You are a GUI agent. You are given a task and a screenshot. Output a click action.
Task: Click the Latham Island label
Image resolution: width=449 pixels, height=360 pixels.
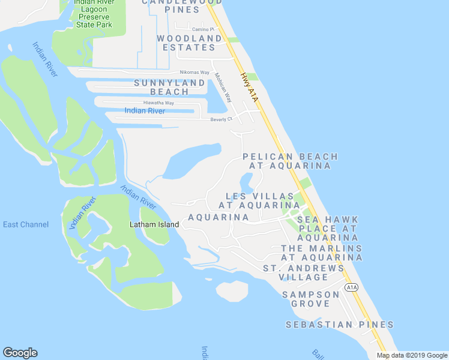tap(154, 224)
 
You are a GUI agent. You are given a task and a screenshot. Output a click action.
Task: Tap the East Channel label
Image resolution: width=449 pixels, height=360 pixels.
tap(26, 224)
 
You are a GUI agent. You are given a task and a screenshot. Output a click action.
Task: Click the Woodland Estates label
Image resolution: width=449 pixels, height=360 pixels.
tap(189, 43)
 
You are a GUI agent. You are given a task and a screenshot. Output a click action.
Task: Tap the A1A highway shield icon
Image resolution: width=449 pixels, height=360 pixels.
tap(352, 288)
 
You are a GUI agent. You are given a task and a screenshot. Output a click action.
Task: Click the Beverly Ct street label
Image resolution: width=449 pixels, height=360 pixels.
tap(221, 119)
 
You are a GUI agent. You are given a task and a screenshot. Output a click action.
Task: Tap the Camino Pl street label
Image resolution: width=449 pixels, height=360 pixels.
tap(203, 29)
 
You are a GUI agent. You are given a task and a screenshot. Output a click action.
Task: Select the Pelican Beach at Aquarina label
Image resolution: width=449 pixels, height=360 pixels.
tap(291, 161)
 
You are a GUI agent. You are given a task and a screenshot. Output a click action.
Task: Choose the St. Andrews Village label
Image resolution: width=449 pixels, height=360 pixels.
tap(304, 272)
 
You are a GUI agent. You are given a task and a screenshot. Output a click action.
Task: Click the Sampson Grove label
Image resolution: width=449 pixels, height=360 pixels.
tap(311, 299)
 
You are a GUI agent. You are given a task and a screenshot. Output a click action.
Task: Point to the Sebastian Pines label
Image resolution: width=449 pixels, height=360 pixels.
tap(339, 325)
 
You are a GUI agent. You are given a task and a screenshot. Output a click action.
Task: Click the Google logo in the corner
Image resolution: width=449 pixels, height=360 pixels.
tap(20, 353)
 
